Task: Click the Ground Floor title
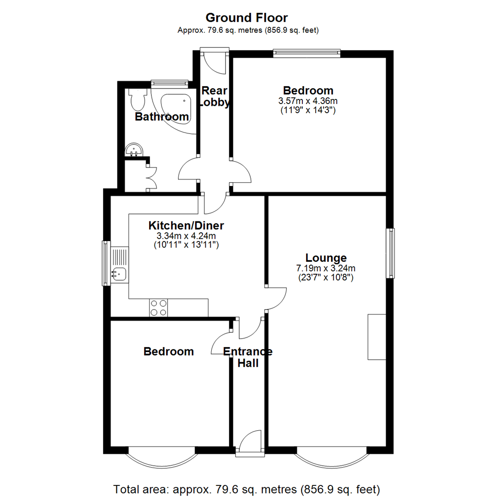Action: (246, 18)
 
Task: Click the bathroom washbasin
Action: (134, 149)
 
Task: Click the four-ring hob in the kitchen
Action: (159, 307)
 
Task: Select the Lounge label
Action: (326, 257)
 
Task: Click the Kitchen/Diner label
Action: (186, 225)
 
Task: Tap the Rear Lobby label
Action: (214, 97)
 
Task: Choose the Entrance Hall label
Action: (248, 358)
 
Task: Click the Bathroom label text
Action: (162, 117)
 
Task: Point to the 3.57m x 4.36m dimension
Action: (308, 101)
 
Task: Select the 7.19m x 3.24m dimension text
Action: (326, 268)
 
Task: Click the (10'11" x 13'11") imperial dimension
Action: (186, 245)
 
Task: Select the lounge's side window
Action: (390, 253)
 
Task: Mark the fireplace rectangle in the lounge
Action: (376, 337)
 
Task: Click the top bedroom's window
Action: (306, 53)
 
